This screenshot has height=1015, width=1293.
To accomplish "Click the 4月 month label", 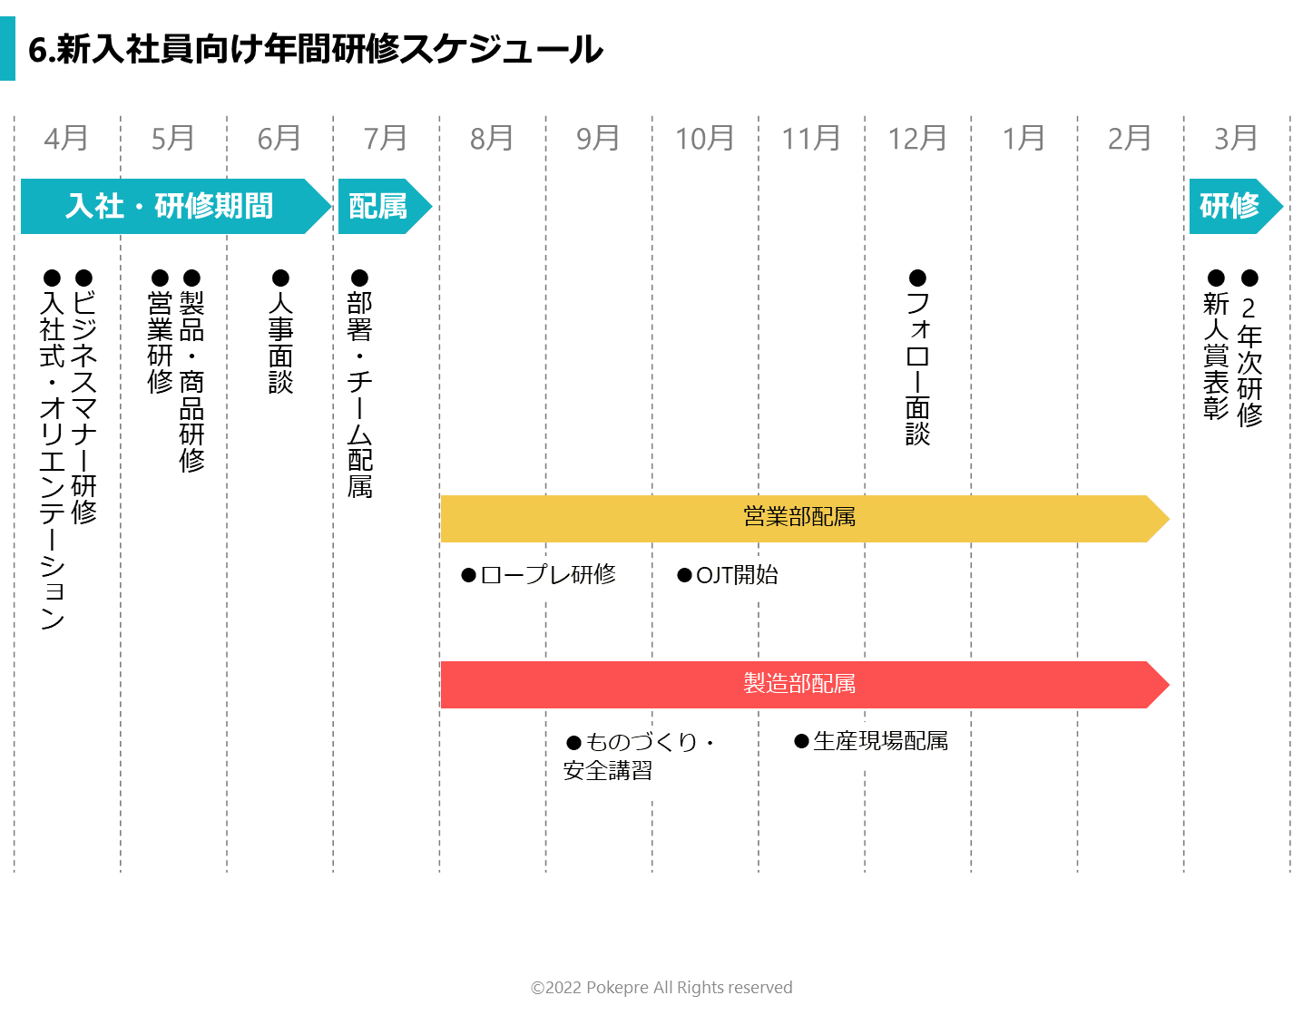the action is click(66, 139).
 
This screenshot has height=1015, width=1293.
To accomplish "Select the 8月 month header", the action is click(492, 139).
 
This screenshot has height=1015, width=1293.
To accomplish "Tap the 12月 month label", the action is click(916, 139).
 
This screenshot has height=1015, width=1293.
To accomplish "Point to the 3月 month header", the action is click(1236, 139).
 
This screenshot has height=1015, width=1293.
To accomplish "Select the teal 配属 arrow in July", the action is click(379, 207).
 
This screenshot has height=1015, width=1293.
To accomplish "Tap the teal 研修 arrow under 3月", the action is click(1230, 207).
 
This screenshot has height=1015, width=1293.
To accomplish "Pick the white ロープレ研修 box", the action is click(538, 578).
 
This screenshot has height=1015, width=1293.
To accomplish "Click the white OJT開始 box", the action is click(731, 578).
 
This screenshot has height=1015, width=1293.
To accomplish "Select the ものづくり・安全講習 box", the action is click(643, 762).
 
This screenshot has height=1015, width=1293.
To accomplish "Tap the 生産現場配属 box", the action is click(869, 744).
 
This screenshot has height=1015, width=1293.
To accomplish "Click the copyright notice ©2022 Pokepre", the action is click(661, 988).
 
